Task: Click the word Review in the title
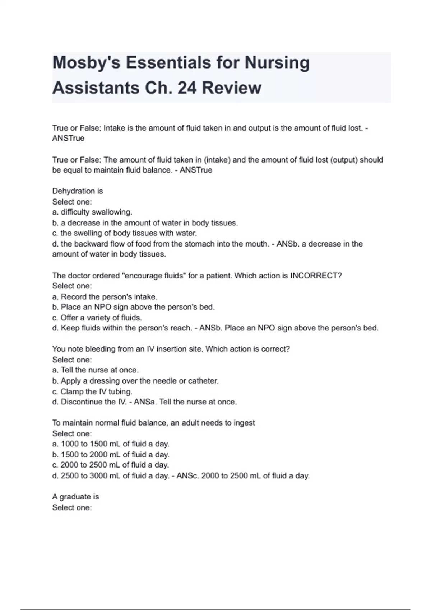point(231,88)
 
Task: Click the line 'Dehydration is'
point(78,191)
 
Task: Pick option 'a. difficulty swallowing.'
point(92,212)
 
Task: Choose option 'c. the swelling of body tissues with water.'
point(125,233)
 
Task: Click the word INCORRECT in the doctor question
point(316,276)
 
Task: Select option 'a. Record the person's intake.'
point(105,297)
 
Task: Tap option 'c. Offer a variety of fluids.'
point(97,318)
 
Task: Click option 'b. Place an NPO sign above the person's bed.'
point(133,307)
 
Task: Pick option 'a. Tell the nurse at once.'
point(95,370)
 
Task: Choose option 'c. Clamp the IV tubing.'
point(92,391)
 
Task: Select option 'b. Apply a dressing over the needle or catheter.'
point(135,381)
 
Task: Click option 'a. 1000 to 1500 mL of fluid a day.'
point(111,444)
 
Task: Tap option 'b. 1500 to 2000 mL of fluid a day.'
point(111,455)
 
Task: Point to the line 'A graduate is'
point(75,497)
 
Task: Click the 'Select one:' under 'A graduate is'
point(72,507)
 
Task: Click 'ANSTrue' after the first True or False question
point(68,138)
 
